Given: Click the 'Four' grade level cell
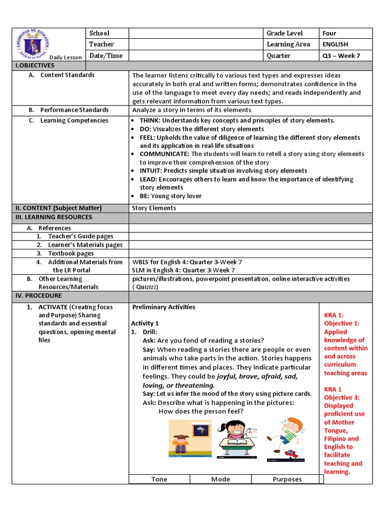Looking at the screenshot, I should [x=330, y=33].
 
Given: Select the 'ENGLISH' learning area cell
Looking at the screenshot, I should [x=336, y=44].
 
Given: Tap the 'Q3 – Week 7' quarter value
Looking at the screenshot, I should [x=341, y=56].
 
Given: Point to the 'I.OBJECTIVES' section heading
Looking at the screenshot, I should [x=35, y=65].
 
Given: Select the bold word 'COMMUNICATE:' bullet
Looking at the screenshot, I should [x=164, y=154].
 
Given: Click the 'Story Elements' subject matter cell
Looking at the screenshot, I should [x=154, y=208].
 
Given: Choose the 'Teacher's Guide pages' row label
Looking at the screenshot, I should [x=81, y=236].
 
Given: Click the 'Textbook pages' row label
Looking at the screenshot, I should [x=71, y=253].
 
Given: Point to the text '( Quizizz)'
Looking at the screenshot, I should [x=146, y=287].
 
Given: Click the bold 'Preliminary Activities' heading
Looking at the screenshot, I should [x=164, y=307].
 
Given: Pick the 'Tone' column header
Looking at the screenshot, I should [x=159, y=479].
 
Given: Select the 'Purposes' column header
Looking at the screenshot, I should [x=287, y=479].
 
